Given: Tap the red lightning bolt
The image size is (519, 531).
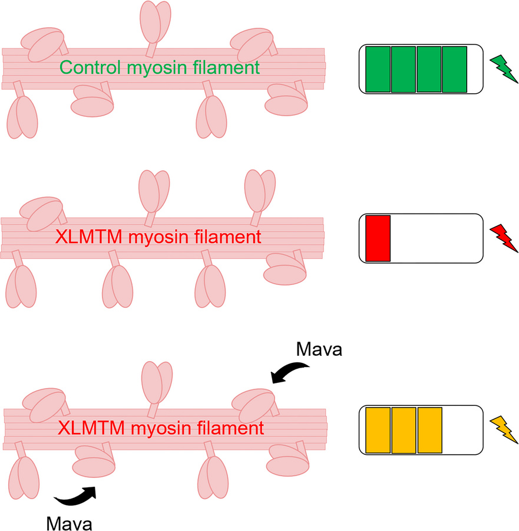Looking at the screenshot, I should pyautogui.click(x=504, y=238).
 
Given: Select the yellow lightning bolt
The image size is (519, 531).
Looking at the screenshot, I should pyautogui.click(x=504, y=430).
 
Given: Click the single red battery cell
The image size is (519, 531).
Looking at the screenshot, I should pyautogui.click(x=378, y=238).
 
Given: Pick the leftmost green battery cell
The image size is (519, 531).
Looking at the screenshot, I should pyautogui.click(x=378, y=70).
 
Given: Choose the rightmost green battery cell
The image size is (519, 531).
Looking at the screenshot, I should pyautogui.click(x=454, y=70).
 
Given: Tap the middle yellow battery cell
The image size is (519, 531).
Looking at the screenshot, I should pyautogui.click(x=404, y=430).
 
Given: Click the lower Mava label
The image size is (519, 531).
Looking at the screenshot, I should pyautogui.click(x=70, y=523).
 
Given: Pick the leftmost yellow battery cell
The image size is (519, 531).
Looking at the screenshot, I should pyautogui.click(x=378, y=430).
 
